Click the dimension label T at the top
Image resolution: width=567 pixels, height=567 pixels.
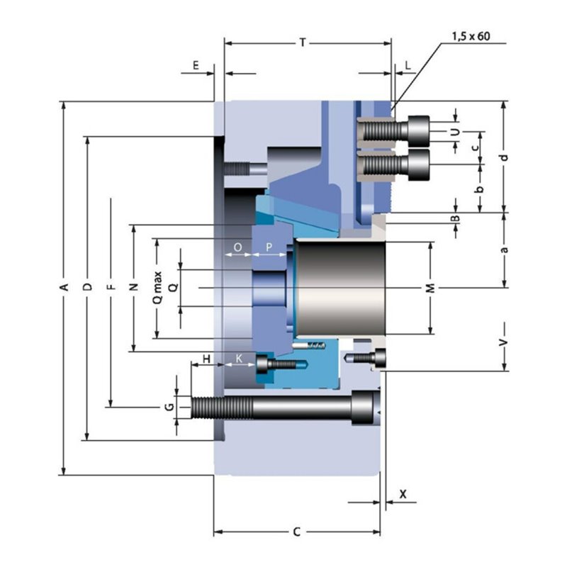[x=303, y=43]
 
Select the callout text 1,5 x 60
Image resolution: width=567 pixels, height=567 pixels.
[x=471, y=37]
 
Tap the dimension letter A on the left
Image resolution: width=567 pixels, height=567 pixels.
[x=64, y=287]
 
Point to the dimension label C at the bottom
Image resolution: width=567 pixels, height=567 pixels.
[x=296, y=532]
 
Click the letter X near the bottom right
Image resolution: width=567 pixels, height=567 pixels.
[x=403, y=494]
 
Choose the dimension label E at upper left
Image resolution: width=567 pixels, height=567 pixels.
[x=196, y=65]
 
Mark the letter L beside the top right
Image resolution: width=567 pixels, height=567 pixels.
[x=408, y=65]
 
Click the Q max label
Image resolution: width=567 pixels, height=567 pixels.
[x=157, y=288]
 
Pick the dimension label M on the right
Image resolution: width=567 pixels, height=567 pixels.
[x=430, y=288]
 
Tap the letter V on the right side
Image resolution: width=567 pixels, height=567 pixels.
[x=503, y=342]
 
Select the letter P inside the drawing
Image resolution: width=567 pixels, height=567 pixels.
[x=269, y=247]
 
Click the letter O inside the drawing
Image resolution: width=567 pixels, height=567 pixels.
[x=237, y=247]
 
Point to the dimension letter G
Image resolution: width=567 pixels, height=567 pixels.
[x=169, y=407]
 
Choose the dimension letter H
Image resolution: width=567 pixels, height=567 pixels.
[x=206, y=359]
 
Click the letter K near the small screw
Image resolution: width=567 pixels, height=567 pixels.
[x=239, y=359]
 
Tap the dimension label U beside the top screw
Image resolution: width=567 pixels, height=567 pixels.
[x=456, y=132]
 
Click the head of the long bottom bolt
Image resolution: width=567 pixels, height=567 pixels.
[x=366, y=408]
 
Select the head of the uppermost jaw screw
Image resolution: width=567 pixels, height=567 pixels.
[x=419, y=131]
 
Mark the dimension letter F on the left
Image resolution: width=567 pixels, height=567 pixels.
[x=112, y=287]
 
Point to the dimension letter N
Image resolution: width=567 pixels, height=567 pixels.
[x=134, y=287]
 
